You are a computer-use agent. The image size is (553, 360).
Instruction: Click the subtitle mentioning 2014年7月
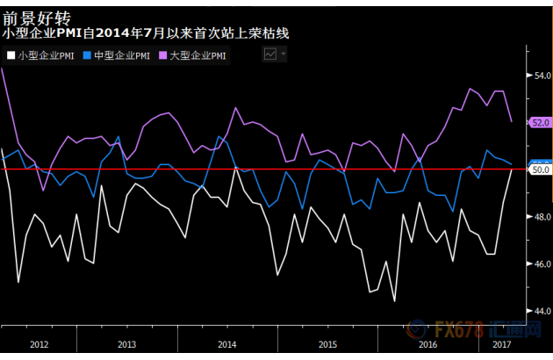point(146,33)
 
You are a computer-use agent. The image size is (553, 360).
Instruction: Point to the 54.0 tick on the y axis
point(542,76)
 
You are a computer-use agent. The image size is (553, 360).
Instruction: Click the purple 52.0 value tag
point(540,123)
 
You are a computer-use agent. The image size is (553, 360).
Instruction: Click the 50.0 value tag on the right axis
point(540,169)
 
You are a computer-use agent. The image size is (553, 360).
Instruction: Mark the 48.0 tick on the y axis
point(542,217)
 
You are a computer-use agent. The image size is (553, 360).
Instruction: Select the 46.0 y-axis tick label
point(542,263)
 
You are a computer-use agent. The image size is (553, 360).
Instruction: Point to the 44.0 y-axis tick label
point(542,311)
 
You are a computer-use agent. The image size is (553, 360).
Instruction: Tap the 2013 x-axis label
point(127,344)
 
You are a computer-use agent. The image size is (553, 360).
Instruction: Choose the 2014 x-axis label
point(227,344)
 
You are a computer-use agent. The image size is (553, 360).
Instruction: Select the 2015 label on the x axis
point(327,344)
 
